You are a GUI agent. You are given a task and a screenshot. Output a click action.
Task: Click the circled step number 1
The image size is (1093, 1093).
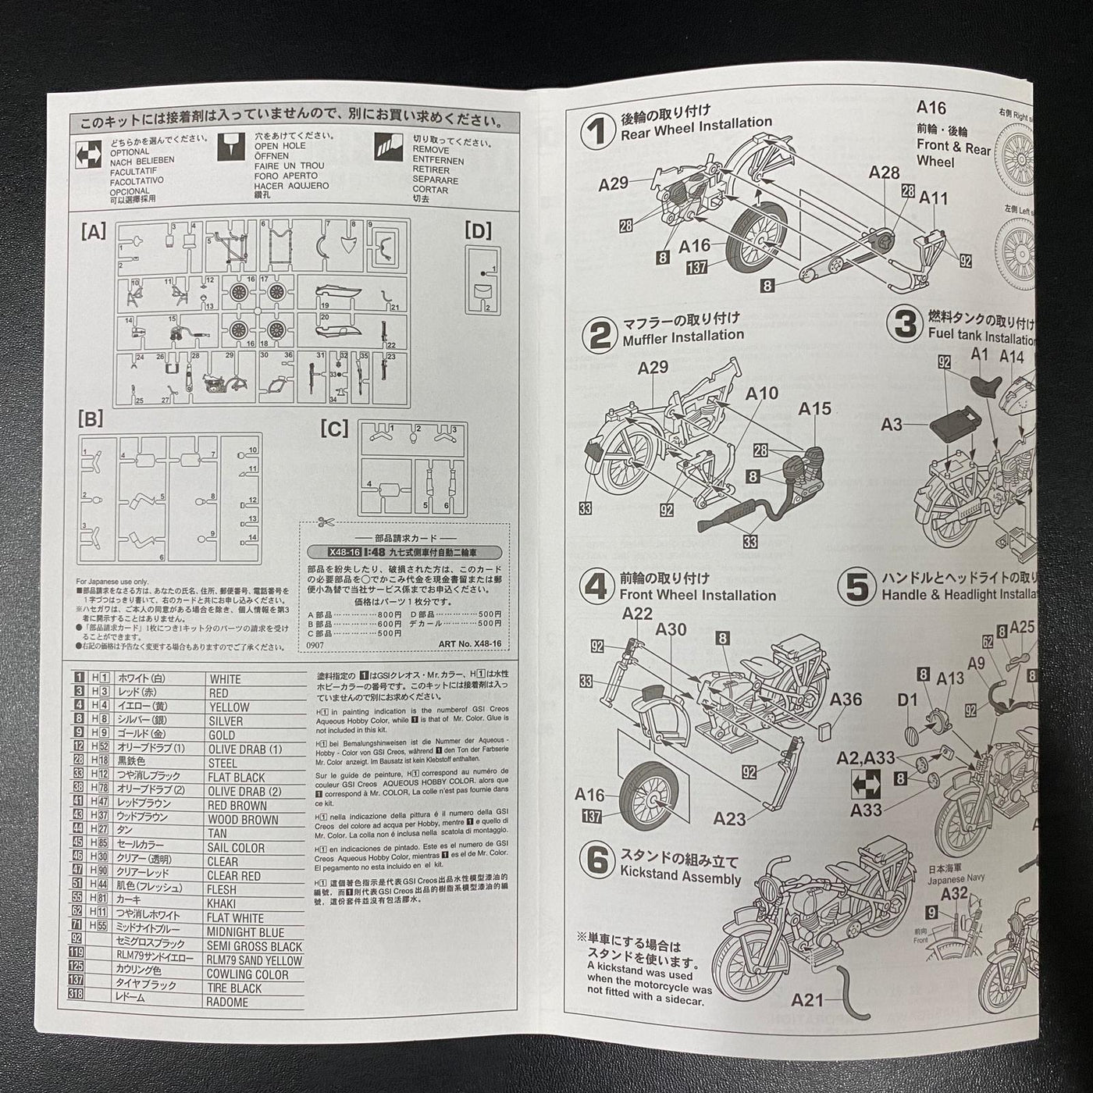(599, 130)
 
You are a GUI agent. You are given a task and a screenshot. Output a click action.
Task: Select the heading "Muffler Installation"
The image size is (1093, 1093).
(682, 336)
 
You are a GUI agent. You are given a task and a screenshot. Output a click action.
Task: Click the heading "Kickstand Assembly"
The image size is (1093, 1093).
(679, 878)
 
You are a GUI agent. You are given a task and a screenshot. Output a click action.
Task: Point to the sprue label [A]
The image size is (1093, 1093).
(93, 231)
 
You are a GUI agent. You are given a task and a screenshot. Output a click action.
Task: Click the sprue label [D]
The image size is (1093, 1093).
(477, 230)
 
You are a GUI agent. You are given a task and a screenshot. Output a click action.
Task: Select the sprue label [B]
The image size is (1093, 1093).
(91, 420)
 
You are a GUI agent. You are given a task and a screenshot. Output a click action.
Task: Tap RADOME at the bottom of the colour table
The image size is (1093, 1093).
(227, 1002)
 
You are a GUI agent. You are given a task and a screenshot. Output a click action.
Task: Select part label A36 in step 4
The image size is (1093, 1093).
(846, 700)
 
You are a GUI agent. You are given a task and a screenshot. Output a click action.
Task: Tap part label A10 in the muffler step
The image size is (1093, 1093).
(761, 393)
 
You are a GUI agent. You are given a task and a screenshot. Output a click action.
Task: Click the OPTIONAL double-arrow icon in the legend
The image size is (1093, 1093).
(87, 153)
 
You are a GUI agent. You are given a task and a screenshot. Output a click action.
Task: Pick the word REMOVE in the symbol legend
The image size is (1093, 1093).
(431, 150)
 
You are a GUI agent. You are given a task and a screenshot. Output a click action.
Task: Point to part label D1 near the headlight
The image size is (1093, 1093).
(906, 700)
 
